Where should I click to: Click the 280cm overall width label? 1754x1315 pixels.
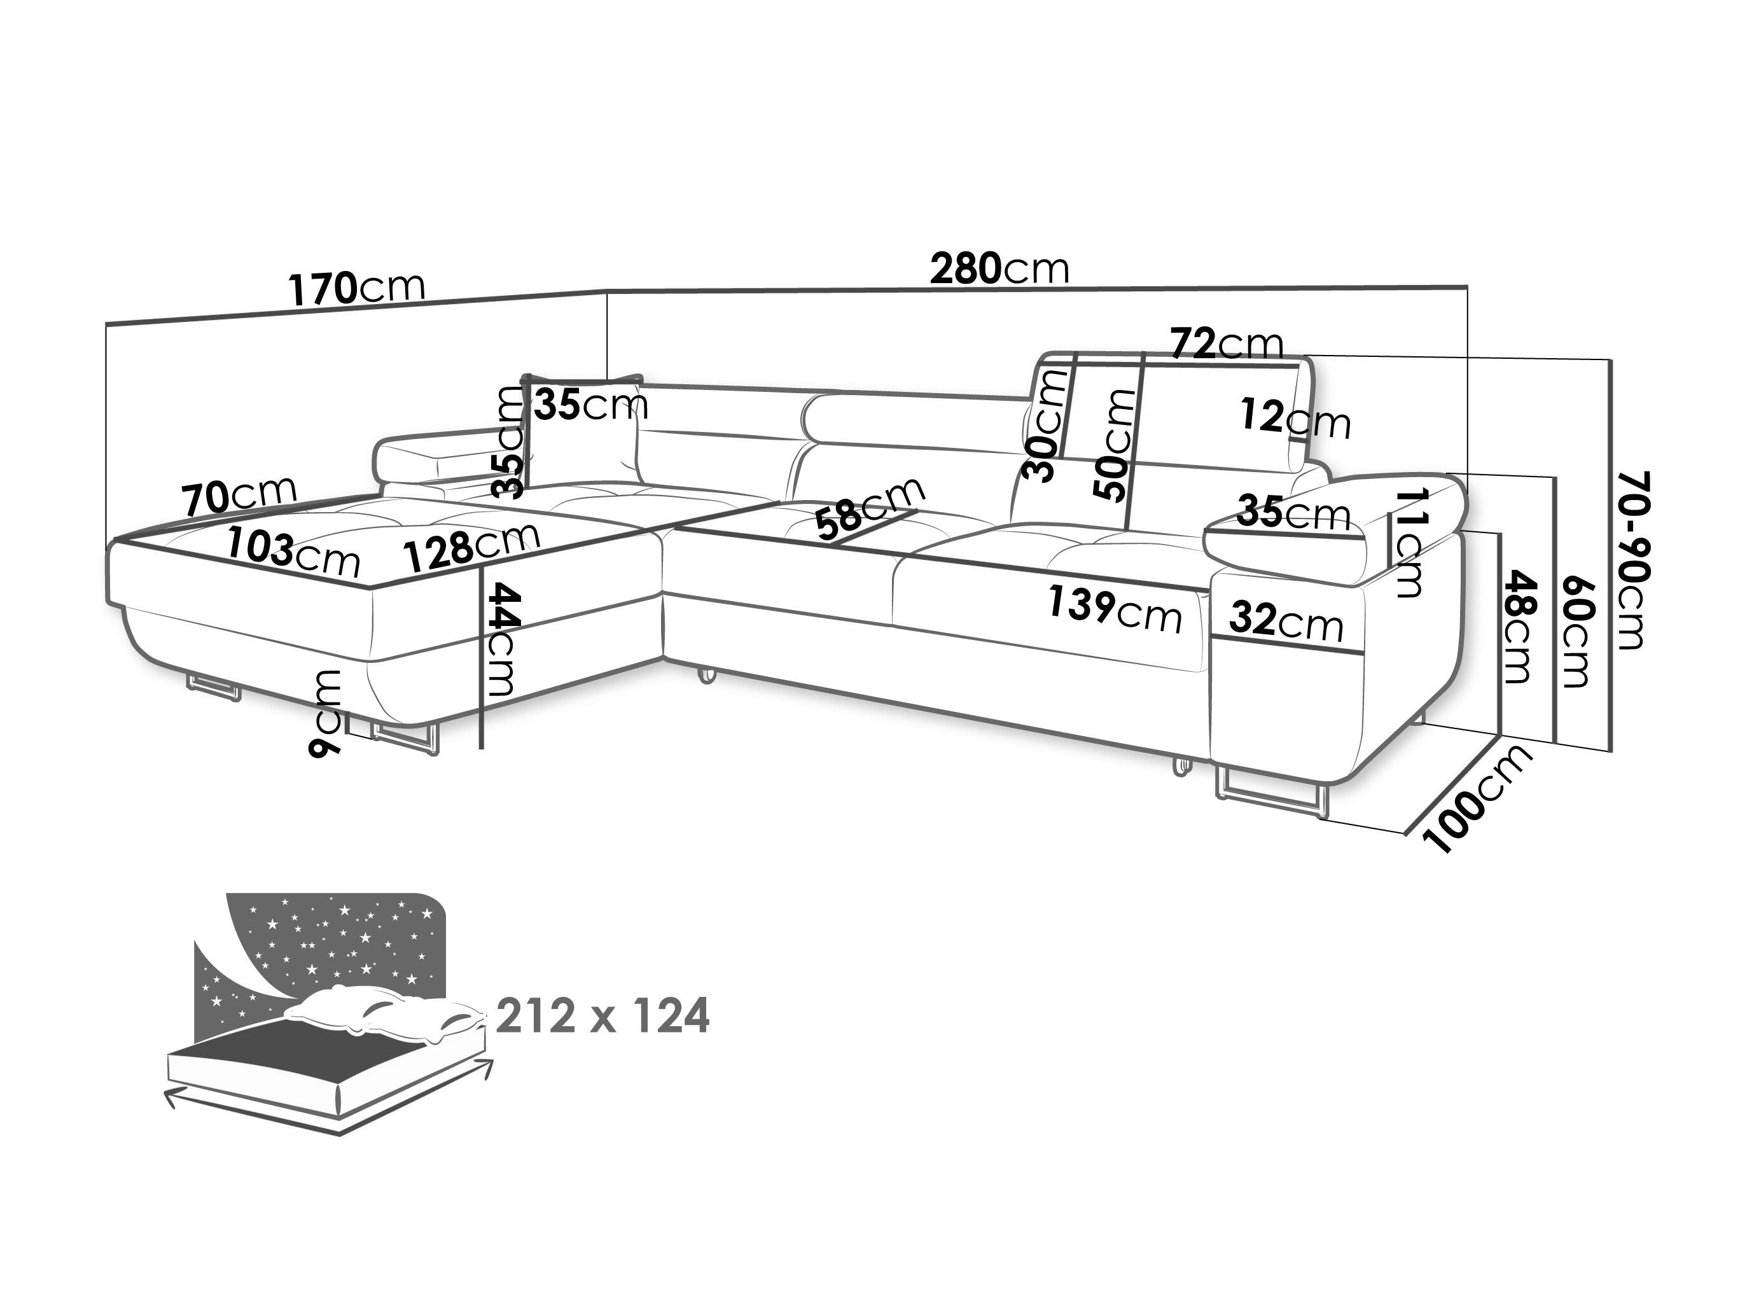pos(999,270)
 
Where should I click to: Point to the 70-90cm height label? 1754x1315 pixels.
pos(1631,560)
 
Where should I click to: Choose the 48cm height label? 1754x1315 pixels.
pos(1518,627)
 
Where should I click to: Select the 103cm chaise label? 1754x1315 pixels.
pos(293,552)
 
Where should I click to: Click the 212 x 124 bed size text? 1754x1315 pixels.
pos(602,1017)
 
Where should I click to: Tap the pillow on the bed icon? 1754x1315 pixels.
pos(380,1015)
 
